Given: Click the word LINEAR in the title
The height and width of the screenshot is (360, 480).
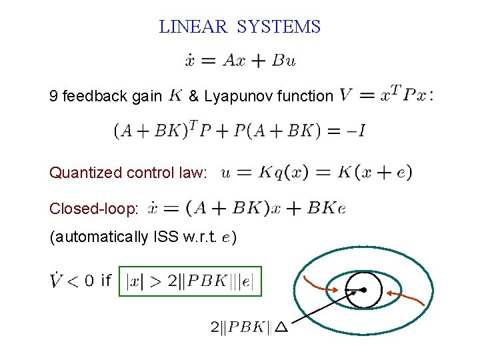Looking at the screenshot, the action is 193,27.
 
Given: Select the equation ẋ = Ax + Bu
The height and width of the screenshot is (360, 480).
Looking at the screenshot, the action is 240,60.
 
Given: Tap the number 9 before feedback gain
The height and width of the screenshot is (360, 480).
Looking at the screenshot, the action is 53,97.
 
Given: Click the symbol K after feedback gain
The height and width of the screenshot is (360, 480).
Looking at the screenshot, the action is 175,95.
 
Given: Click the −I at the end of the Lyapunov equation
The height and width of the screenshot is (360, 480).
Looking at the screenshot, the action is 356,131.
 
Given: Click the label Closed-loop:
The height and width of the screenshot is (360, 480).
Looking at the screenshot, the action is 94,209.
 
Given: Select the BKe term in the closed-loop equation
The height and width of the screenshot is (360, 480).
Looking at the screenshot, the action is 326,208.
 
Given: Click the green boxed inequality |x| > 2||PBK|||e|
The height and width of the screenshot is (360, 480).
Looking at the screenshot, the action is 190,281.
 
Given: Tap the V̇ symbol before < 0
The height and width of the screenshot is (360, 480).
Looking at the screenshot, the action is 58,280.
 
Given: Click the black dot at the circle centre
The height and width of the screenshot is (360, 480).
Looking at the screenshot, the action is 365,290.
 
